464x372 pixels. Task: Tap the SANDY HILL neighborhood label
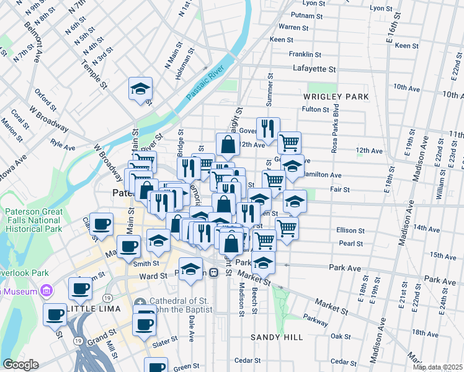click(277, 337)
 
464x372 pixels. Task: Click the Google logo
click(20, 365)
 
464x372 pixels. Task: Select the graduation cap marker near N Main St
click(141, 88)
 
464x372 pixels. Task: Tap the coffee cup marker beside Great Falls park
click(101, 224)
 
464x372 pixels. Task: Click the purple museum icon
click(46, 290)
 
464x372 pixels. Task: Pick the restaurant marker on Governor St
click(268, 128)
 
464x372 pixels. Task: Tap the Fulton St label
click(315, 110)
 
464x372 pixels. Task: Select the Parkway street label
click(318, 322)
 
